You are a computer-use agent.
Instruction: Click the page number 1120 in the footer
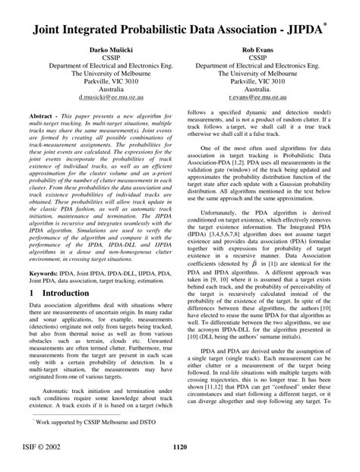click(180, 447)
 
